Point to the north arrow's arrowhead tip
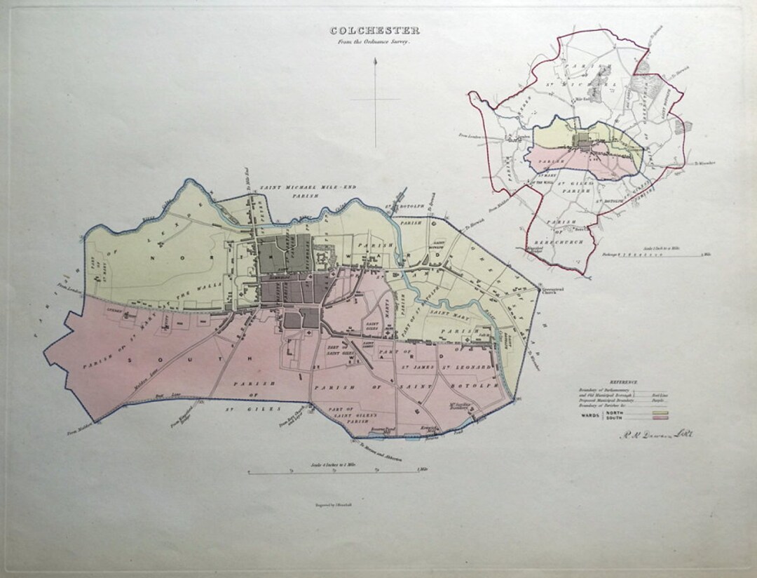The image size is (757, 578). click(x=376, y=61)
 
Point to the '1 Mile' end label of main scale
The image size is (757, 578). click(x=422, y=469)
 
